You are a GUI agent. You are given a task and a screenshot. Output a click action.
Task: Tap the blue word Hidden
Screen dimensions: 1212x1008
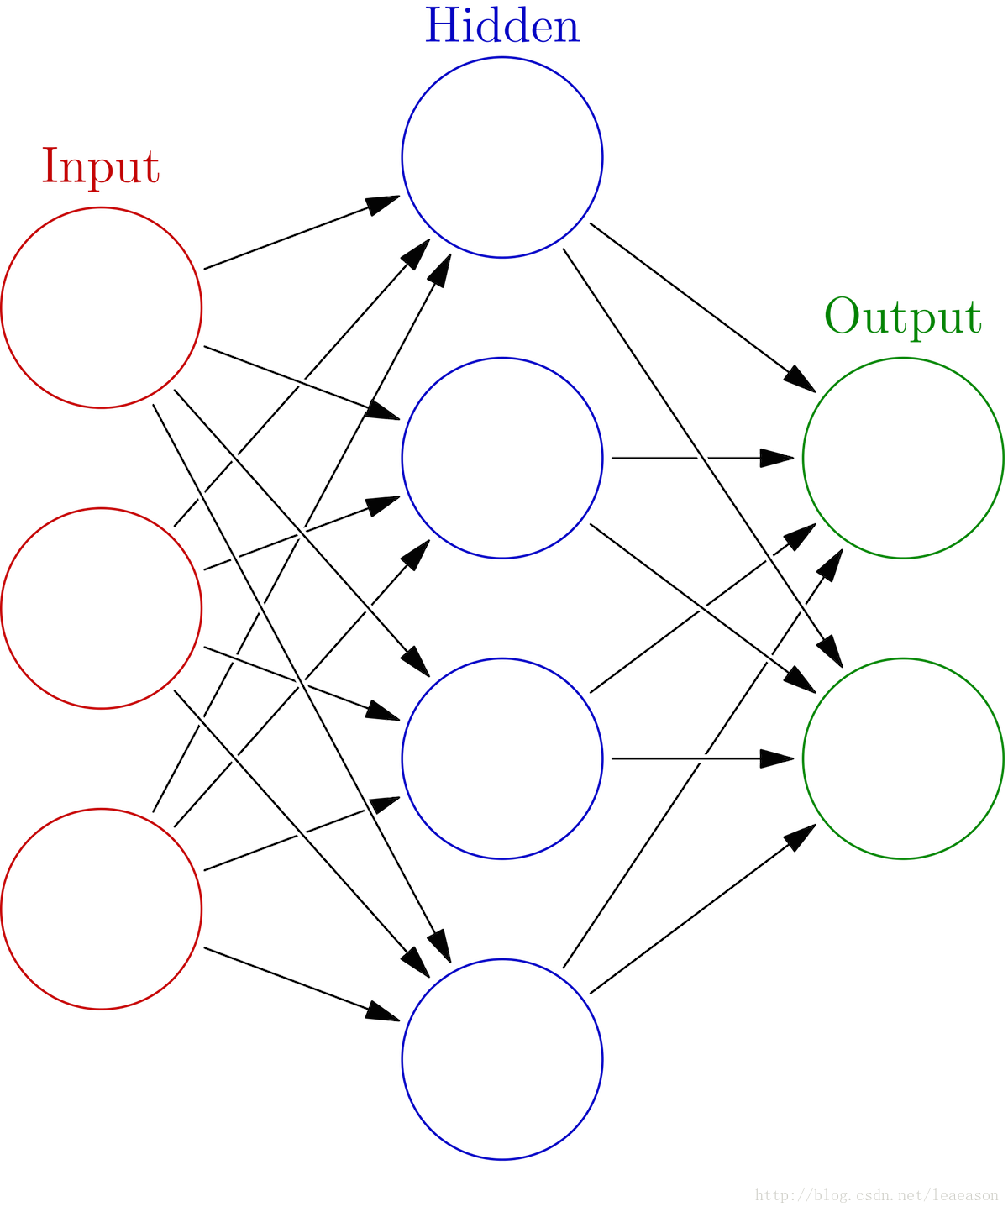click(502, 27)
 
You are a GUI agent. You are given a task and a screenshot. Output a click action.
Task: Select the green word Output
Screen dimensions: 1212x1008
click(903, 317)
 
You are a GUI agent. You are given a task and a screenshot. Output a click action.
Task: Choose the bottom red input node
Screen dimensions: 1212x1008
click(102, 908)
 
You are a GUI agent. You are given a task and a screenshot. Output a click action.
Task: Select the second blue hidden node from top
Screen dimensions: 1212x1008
click(502, 458)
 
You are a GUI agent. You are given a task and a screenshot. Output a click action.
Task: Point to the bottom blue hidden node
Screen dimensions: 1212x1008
click(502, 1058)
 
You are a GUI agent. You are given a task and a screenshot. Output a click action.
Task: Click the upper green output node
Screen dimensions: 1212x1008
click(903, 458)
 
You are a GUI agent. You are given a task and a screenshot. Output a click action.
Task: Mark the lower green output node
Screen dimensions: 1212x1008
click(903, 758)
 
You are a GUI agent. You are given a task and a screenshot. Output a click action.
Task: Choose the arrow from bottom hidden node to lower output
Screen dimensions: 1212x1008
click(689, 920)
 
